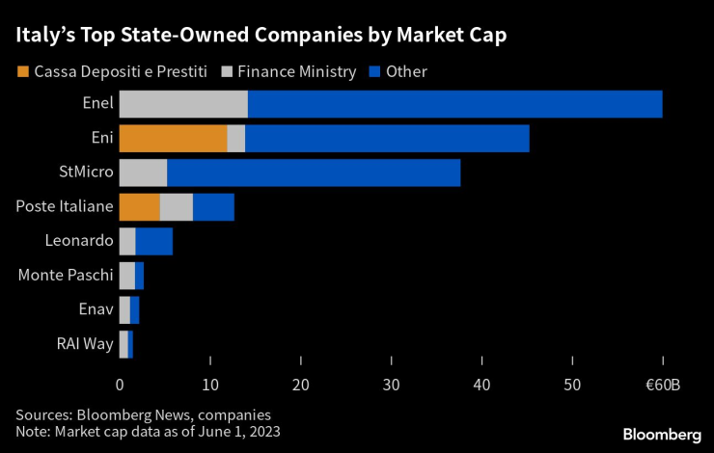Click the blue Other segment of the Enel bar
[454, 104]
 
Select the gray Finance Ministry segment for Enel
[182, 104]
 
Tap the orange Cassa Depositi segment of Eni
[173, 139]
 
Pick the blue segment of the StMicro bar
[314, 173]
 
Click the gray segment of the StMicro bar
[143, 173]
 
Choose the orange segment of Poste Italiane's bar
[139, 207]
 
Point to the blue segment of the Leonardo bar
[153, 242]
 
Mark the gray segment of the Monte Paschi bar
[126, 276]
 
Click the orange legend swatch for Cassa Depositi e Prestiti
[21, 71]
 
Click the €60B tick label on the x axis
[661, 386]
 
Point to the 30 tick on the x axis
[391, 386]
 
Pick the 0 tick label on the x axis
[120, 386]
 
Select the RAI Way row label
[86, 344]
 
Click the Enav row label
[96, 310]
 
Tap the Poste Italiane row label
[65, 207]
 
